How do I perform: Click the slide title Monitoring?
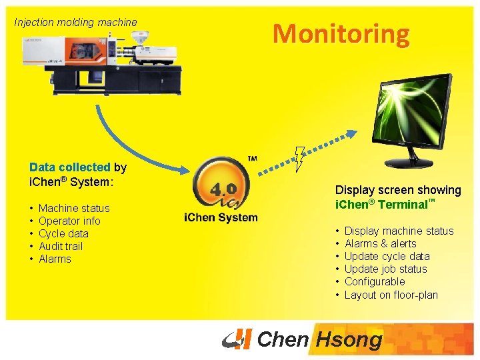point(341,33)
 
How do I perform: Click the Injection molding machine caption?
point(75,22)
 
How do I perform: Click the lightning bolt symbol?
point(299,159)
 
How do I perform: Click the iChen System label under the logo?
point(221,218)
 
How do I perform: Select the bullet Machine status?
point(74,208)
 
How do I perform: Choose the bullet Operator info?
point(69,221)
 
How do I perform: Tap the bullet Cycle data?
point(63,233)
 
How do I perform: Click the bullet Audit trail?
point(61,246)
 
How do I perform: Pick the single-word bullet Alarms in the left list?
point(55,259)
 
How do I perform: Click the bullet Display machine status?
point(399,231)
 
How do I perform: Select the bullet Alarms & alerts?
point(380,243)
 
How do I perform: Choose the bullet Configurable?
point(375,281)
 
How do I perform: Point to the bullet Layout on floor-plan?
point(391,294)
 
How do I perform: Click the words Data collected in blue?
point(69,168)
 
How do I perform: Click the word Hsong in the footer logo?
point(349,340)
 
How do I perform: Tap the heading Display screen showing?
point(398,190)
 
